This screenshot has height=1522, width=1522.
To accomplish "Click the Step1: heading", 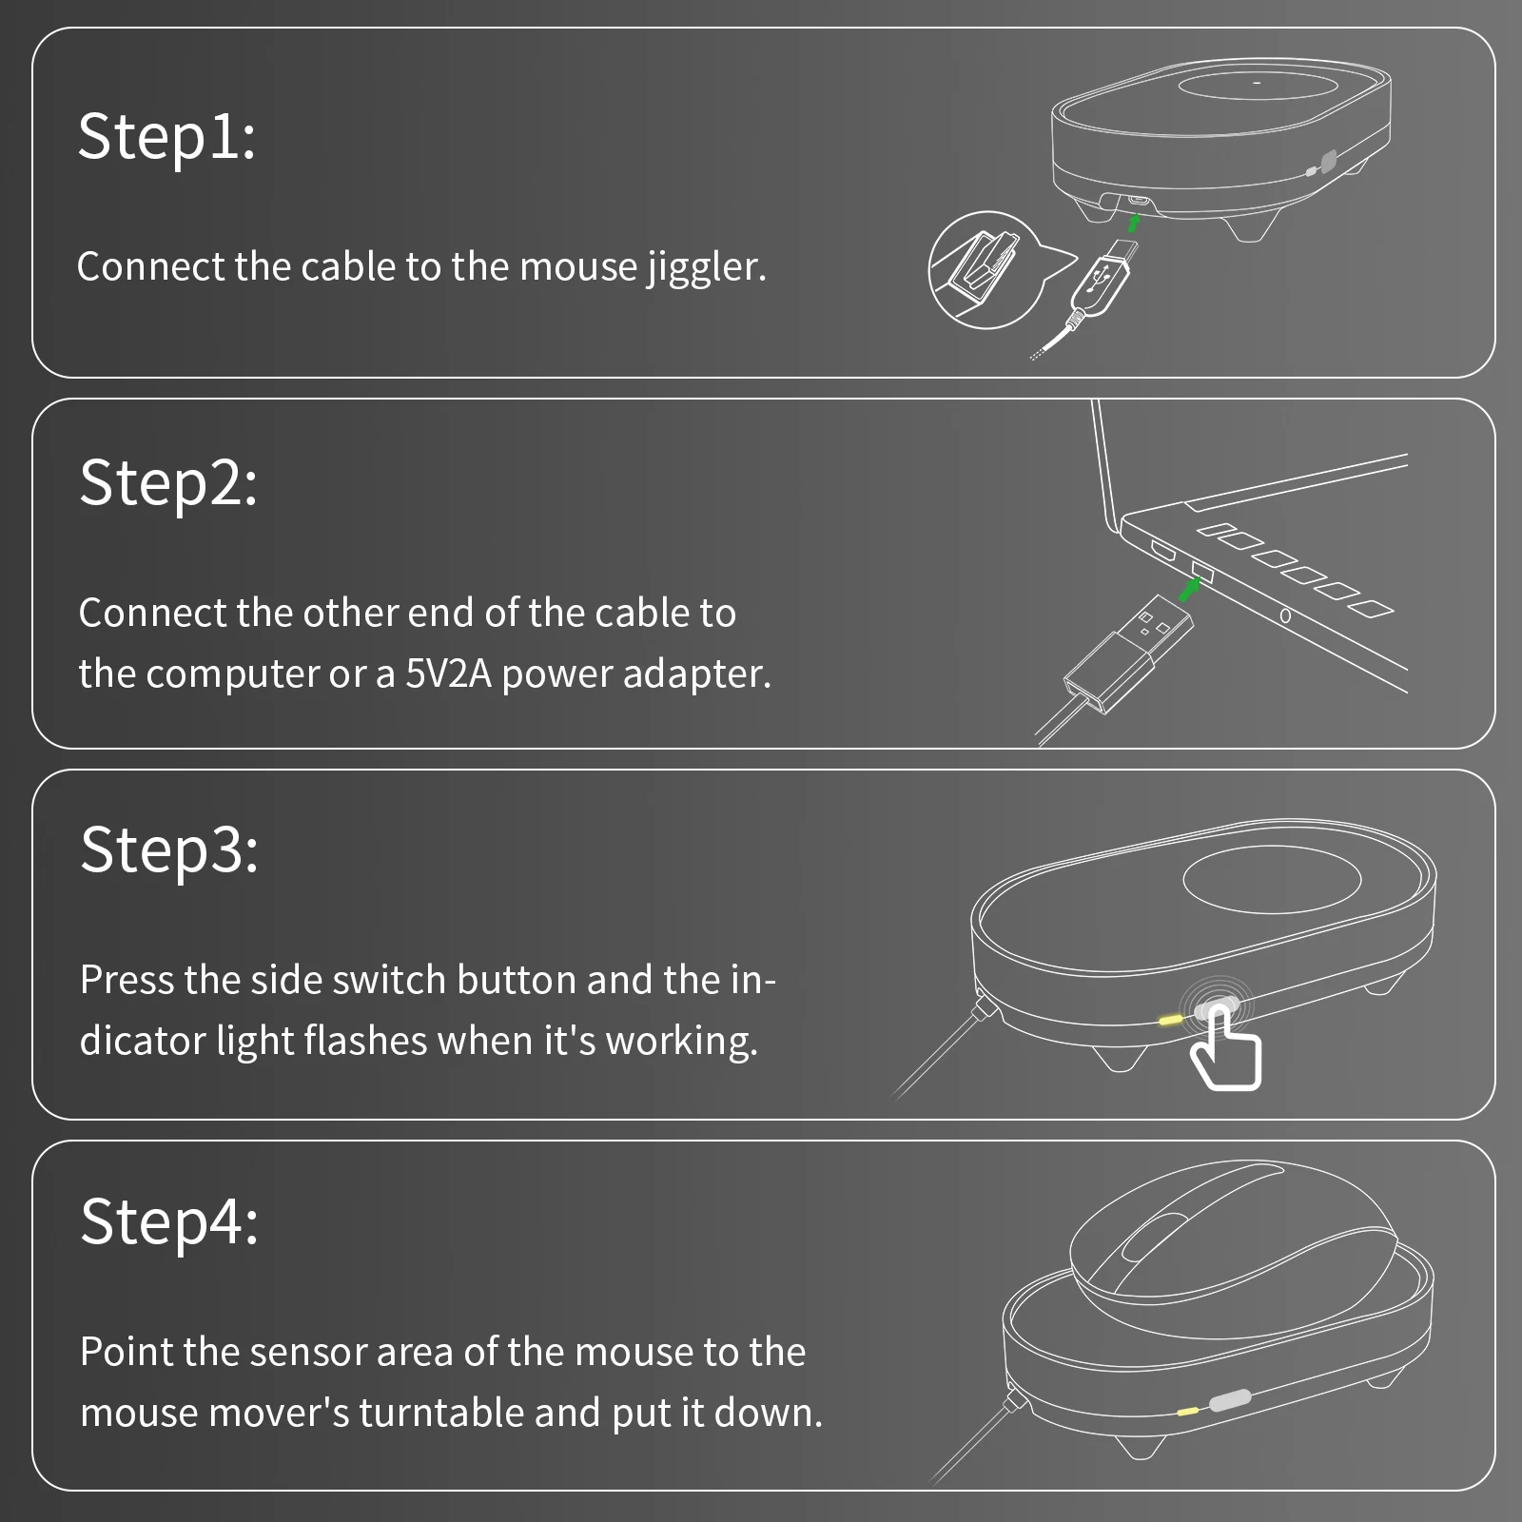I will (x=166, y=136).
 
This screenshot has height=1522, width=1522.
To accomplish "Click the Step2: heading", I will (x=168, y=483).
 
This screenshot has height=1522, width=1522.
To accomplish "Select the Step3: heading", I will (x=169, y=849).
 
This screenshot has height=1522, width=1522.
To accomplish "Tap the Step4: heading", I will (x=169, y=1221).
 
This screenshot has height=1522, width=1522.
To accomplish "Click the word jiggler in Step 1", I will (x=707, y=267).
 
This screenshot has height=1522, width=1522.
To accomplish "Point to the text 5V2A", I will (x=448, y=673).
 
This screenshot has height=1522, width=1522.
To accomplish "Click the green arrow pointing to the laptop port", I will (x=1188, y=590).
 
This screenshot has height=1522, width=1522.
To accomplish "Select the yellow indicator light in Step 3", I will (x=1170, y=1019).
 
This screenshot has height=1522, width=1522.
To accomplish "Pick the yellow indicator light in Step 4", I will (x=1187, y=1412).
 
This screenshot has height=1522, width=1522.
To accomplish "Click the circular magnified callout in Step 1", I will (x=985, y=270).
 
